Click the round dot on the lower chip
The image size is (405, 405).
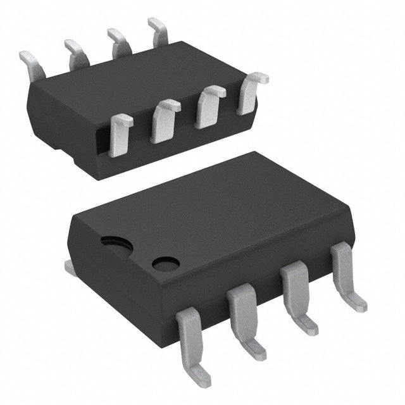(x=166, y=263)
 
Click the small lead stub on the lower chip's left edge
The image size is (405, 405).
(x=70, y=268)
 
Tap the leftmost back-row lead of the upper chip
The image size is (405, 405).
(x=32, y=64)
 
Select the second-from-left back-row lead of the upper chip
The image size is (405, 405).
(x=76, y=53)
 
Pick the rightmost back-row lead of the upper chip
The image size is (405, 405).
(x=158, y=32)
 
